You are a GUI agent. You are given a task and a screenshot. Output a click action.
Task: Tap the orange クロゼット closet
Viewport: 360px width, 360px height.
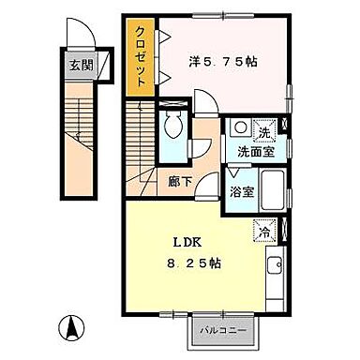click(x=141, y=56)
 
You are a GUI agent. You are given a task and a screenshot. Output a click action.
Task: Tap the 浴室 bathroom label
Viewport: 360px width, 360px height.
click(x=242, y=191)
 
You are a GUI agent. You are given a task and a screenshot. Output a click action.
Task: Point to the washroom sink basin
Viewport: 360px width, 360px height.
click(x=240, y=127)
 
